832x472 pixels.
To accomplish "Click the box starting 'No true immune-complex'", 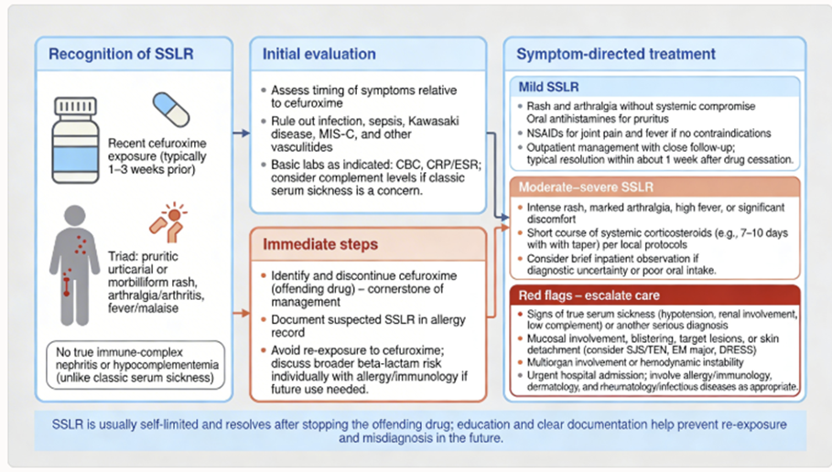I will click(x=135, y=366).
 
